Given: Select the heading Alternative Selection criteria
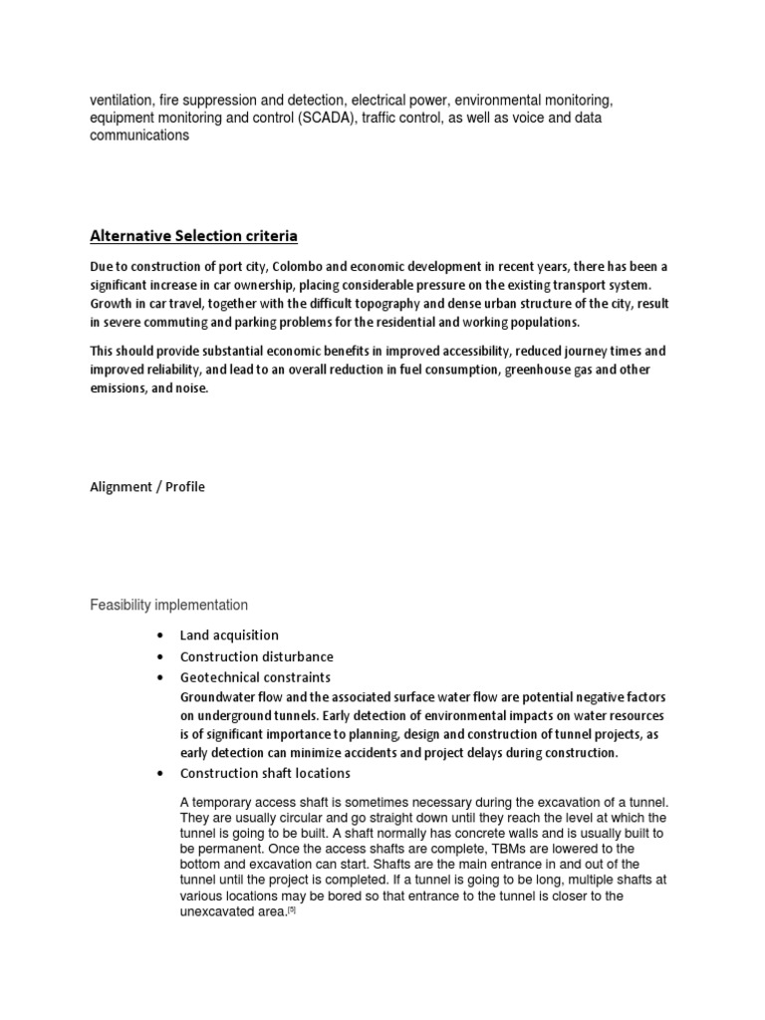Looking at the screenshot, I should click(x=193, y=236).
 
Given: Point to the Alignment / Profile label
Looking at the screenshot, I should click(x=147, y=487).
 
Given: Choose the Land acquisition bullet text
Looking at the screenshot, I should click(x=229, y=635).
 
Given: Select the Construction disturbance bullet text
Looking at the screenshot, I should click(x=256, y=656).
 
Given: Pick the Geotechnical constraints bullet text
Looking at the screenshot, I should click(x=255, y=677).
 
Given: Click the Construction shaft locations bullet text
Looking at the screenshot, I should click(x=265, y=773).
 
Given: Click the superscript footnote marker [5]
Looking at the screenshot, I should click(x=292, y=909).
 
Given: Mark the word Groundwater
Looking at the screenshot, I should click(x=220, y=696).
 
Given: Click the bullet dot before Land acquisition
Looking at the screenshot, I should click(x=160, y=636).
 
